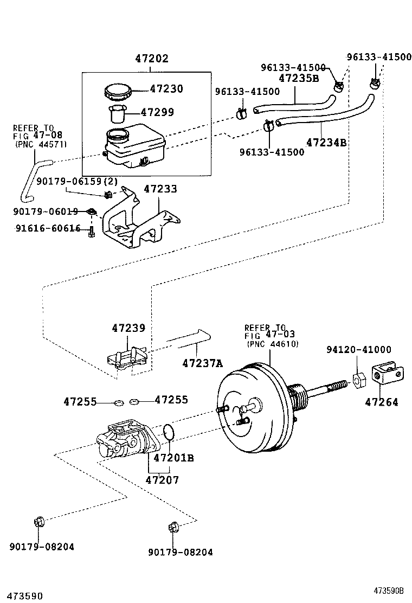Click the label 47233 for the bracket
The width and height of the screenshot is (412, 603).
tap(161, 189)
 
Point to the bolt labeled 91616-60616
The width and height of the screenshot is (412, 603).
tap(92, 231)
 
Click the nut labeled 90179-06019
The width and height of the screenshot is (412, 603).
tap(92, 211)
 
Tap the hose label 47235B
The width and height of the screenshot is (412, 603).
tap(299, 78)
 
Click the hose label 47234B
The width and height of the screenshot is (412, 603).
tap(326, 143)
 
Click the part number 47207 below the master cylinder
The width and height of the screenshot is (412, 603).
tap(162, 479)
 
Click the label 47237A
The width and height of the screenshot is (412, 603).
tap(202, 363)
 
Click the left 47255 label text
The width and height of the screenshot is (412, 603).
tap(80, 402)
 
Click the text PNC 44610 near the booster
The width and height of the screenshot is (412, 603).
tap(272, 344)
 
